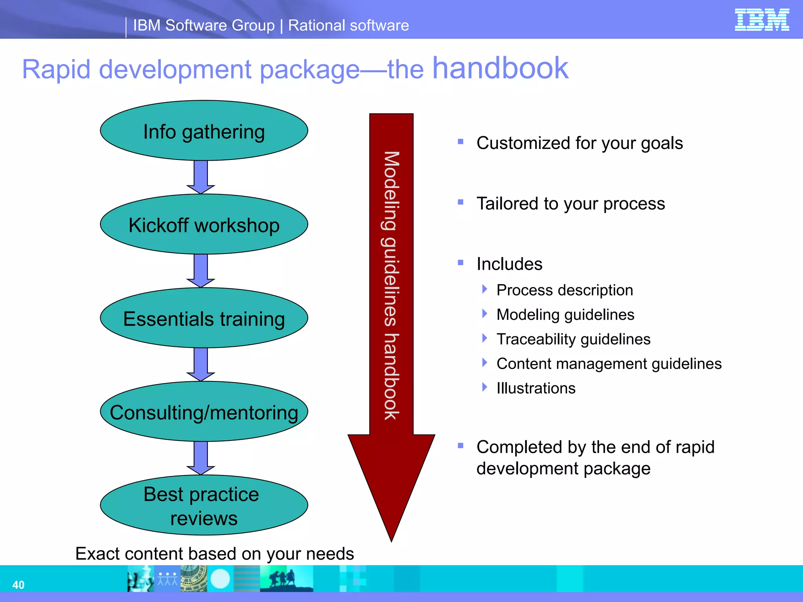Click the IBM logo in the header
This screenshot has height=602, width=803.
[x=761, y=20]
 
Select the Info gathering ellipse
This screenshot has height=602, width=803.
[x=204, y=131]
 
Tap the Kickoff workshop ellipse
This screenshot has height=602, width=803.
[x=204, y=225]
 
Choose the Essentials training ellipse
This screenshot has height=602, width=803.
[x=204, y=318]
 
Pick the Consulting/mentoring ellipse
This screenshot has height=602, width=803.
[x=204, y=412]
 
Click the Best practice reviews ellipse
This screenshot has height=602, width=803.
[x=204, y=506]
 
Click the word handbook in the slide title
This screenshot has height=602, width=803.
[x=500, y=68]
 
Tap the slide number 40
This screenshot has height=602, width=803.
[x=18, y=585]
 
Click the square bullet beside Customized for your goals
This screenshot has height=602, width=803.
[x=461, y=141]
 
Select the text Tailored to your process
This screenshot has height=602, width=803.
[x=570, y=204]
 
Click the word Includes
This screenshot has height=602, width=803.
[x=509, y=264]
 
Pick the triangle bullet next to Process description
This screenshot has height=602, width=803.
[x=485, y=289]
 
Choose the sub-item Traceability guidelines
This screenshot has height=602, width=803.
[x=573, y=339]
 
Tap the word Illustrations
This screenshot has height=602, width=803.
[x=536, y=388]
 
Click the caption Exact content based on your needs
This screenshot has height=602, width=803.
[x=214, y=553]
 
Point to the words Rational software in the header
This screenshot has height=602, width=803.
[x=348, y=25]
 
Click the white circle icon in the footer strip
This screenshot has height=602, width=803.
[x=220, y=578]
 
